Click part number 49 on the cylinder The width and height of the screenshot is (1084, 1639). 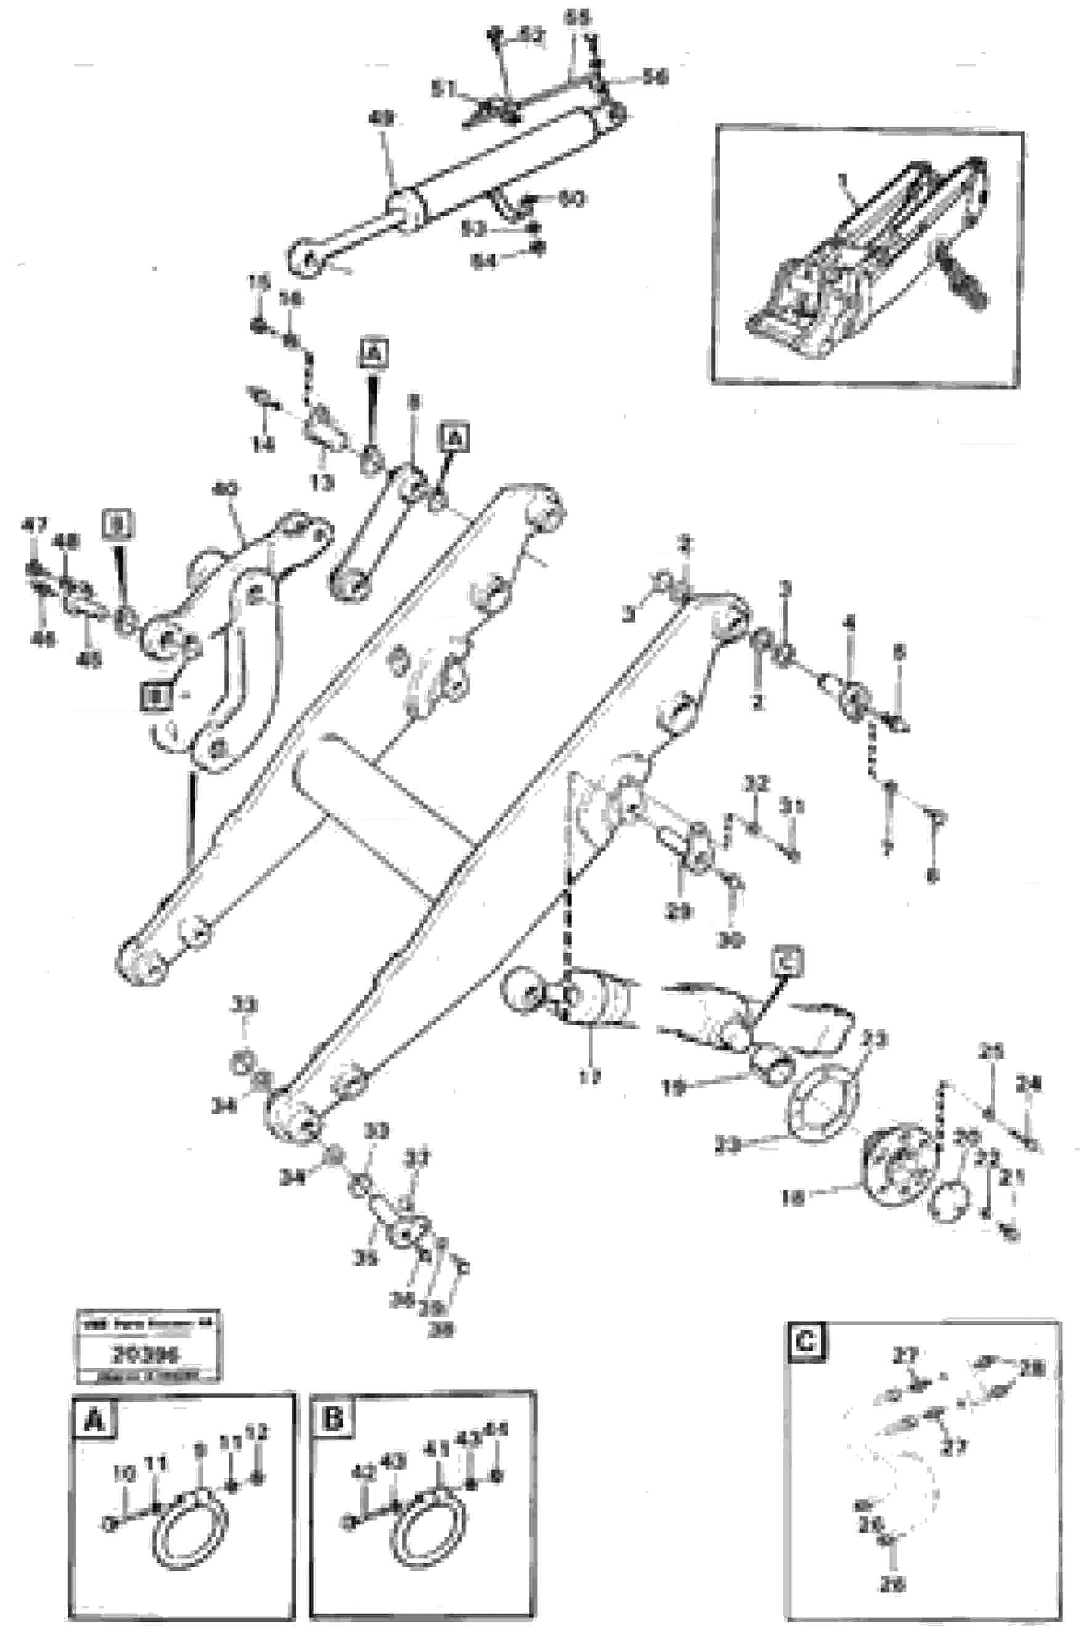click(x=380, y=119)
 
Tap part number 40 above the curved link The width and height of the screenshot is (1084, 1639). click(x=223, y=491)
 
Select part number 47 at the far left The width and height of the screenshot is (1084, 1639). click(x=34, y=526)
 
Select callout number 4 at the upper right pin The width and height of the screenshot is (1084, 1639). click(x=850, y=623)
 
